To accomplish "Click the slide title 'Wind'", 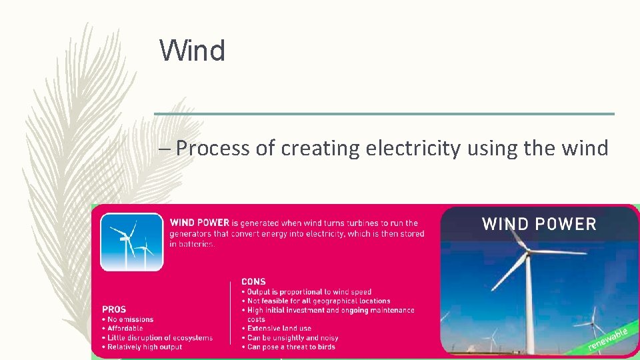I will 192,51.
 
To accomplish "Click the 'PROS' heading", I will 114,309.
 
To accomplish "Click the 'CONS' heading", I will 253,282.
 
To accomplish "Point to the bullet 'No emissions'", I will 130,319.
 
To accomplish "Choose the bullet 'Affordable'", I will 125,329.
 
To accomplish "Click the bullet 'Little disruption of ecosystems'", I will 159,338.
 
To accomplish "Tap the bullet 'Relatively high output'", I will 144,347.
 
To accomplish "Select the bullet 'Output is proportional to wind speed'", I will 309,292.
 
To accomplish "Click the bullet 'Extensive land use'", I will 279,329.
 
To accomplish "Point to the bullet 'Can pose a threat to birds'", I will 291,347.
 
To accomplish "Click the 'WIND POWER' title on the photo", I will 539,224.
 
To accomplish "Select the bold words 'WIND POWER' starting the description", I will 199,223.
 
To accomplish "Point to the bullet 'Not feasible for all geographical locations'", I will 318,301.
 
